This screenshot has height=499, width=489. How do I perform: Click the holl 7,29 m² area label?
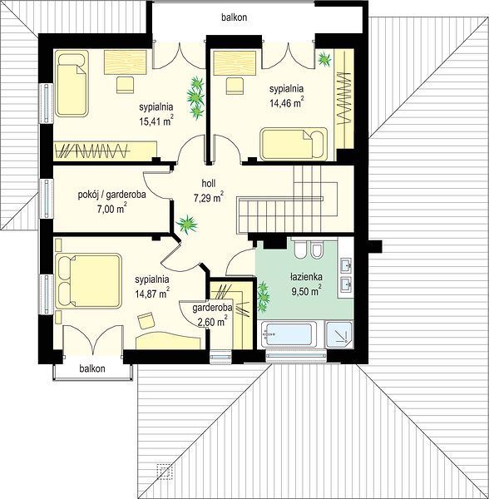click(x=209, y=190)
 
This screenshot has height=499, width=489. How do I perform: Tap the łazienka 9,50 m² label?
click(x=306, y=284)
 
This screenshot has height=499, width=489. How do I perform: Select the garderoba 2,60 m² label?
click(x=212, y=315)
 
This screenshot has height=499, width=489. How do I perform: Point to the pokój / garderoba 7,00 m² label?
click(x=111, y=201)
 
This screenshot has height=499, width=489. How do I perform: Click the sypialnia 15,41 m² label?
click(x=156, y=114)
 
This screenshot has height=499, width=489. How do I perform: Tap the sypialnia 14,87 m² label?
click(x=152, y=286)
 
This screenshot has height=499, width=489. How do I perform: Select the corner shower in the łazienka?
click(x=339, y=334)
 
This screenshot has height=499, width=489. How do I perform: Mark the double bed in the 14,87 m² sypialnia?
click(x=88, y=281)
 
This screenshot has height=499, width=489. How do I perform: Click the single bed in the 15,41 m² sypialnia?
click(x=72, y=83)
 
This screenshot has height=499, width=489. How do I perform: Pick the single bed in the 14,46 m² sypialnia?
click(x=294, y=144)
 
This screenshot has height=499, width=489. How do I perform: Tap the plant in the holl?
click(x=187, y=224)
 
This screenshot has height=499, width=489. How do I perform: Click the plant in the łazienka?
click(x=264, y=297)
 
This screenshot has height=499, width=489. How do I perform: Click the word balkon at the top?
click(x=235, y=17)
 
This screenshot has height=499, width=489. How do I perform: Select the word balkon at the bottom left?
click(x=92, y=368)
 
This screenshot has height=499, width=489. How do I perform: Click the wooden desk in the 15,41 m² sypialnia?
click(x=126, y=62)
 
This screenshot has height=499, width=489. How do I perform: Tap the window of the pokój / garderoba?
click(x=47, y=199)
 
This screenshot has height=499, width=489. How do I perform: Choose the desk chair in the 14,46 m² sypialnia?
click(x=235, y=86)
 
